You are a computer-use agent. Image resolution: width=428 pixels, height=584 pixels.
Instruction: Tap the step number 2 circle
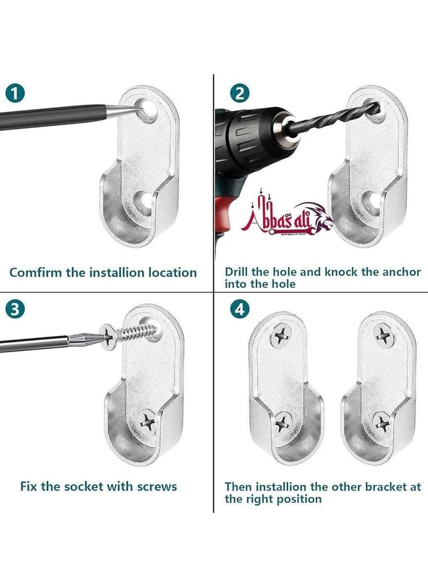point(240,94)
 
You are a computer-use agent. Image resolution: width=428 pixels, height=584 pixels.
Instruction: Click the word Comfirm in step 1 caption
point(36,272)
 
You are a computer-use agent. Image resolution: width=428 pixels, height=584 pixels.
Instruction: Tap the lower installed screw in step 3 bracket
point(147,421)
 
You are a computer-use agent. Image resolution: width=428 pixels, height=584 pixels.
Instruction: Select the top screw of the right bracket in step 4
point(384,335)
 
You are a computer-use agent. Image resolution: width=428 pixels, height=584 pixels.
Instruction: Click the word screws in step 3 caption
point(157,487)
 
